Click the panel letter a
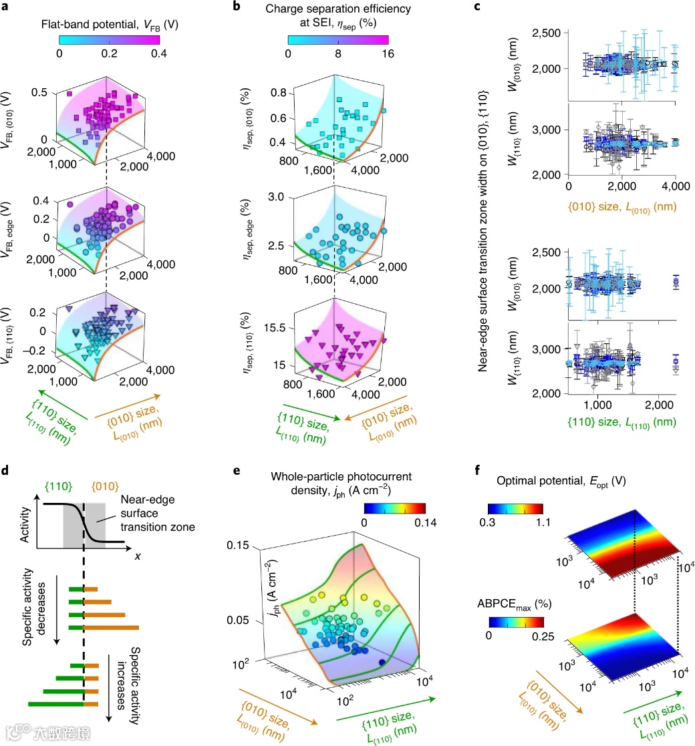click(x=8, y=8)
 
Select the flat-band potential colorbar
click(x=109, y=39)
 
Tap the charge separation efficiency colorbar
click(x=337, y=39)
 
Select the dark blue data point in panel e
click(x=382, y=662)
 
